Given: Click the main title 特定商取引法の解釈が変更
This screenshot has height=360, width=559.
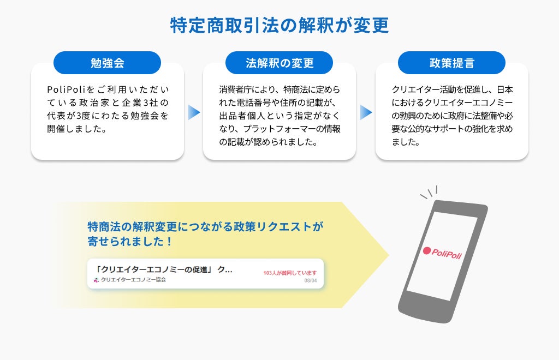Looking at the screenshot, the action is pos(279,26).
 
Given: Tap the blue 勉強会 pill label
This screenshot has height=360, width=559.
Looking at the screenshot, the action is pos(107,63).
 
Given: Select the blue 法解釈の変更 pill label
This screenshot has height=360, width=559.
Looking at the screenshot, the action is pos(279,63).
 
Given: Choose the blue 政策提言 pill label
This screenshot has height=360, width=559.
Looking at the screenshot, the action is pos(451,63).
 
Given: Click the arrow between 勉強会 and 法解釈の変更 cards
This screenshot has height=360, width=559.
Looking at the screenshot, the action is pos(194,112).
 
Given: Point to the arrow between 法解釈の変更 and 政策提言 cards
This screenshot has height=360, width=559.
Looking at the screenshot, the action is pos(366,112).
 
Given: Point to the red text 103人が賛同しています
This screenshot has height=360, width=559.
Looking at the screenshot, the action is pos(290,273).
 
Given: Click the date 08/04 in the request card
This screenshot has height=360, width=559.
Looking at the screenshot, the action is pos(311,281).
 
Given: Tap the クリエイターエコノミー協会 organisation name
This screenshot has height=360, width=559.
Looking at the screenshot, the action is pos(133,280).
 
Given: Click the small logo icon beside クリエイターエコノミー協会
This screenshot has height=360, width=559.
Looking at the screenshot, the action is pos(97,280).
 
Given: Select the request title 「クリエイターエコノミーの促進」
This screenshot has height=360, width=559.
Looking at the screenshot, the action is pos(154,269).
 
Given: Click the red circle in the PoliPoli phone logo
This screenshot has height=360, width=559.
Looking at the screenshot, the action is pos(427,251).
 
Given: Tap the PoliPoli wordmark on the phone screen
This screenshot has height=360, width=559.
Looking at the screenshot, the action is pos(447,254).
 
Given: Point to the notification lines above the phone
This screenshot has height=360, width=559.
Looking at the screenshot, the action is pos(429,193).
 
